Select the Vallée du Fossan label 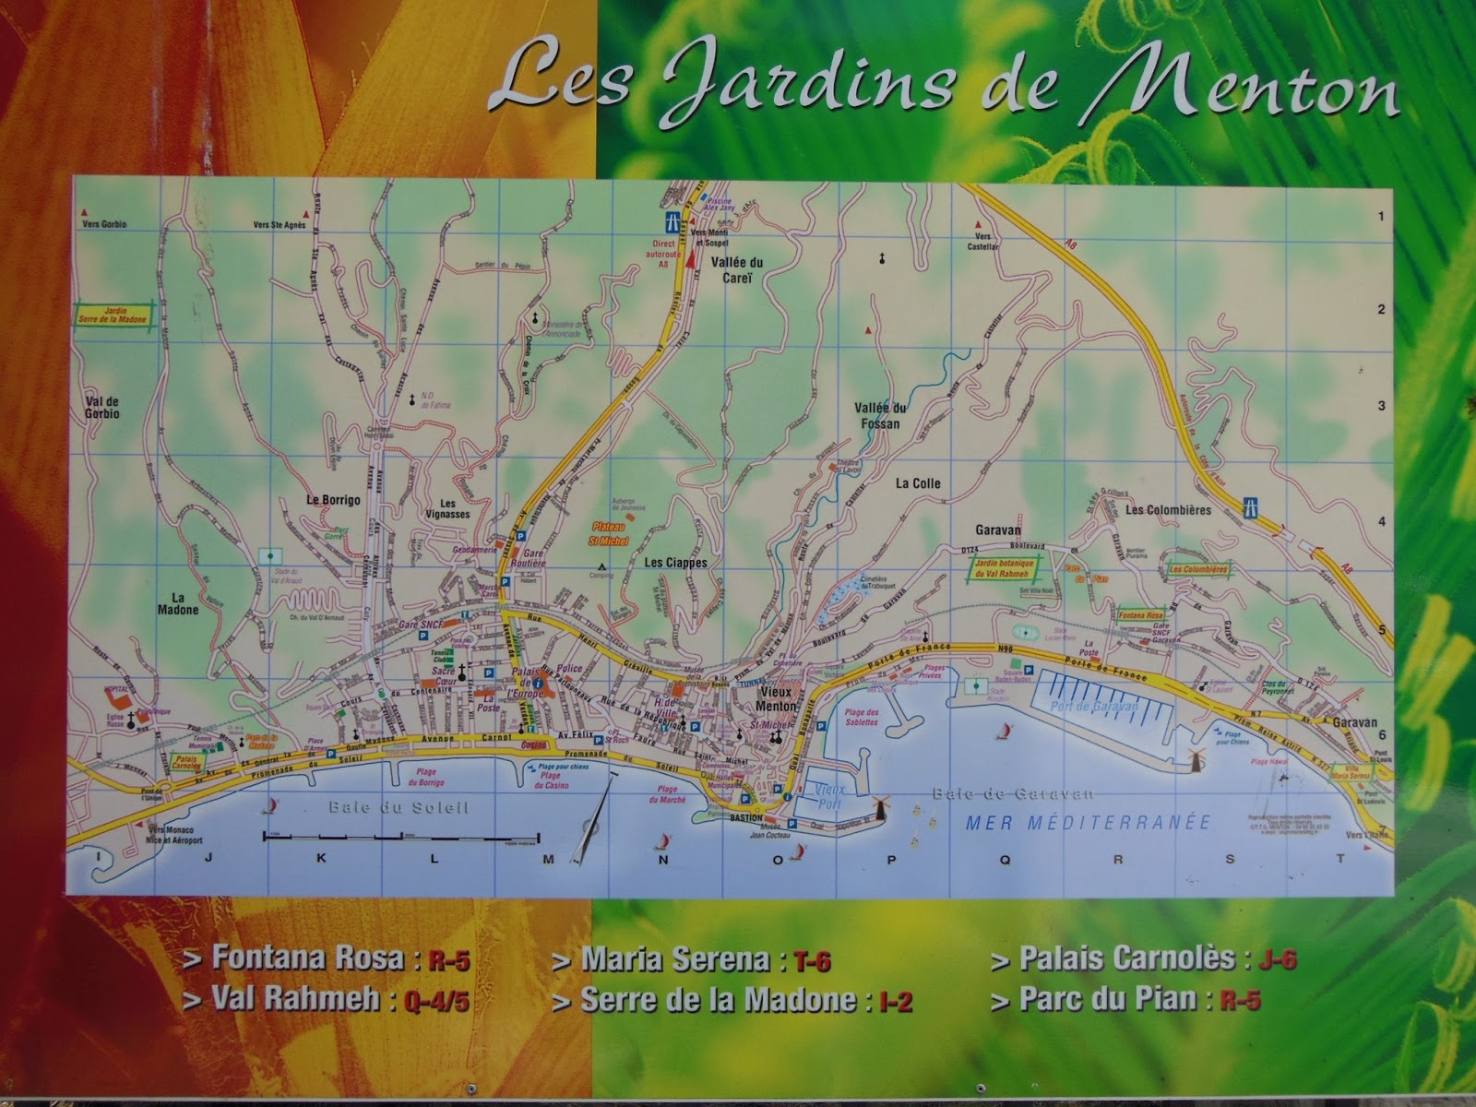click(880, 415)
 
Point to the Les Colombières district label click(1167, 509)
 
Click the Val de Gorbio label click(101, 408)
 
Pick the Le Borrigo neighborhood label click(333, 499)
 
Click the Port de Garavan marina click(1095, 703)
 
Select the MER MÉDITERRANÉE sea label click(1087, 822)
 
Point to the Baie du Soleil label click(399, 808)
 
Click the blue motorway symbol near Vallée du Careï click(672, 221)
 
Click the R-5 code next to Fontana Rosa click(448, 960)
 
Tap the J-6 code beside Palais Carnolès click(1277, 959)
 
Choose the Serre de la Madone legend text click(718, 1000)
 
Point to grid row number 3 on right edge click(1381, 406)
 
